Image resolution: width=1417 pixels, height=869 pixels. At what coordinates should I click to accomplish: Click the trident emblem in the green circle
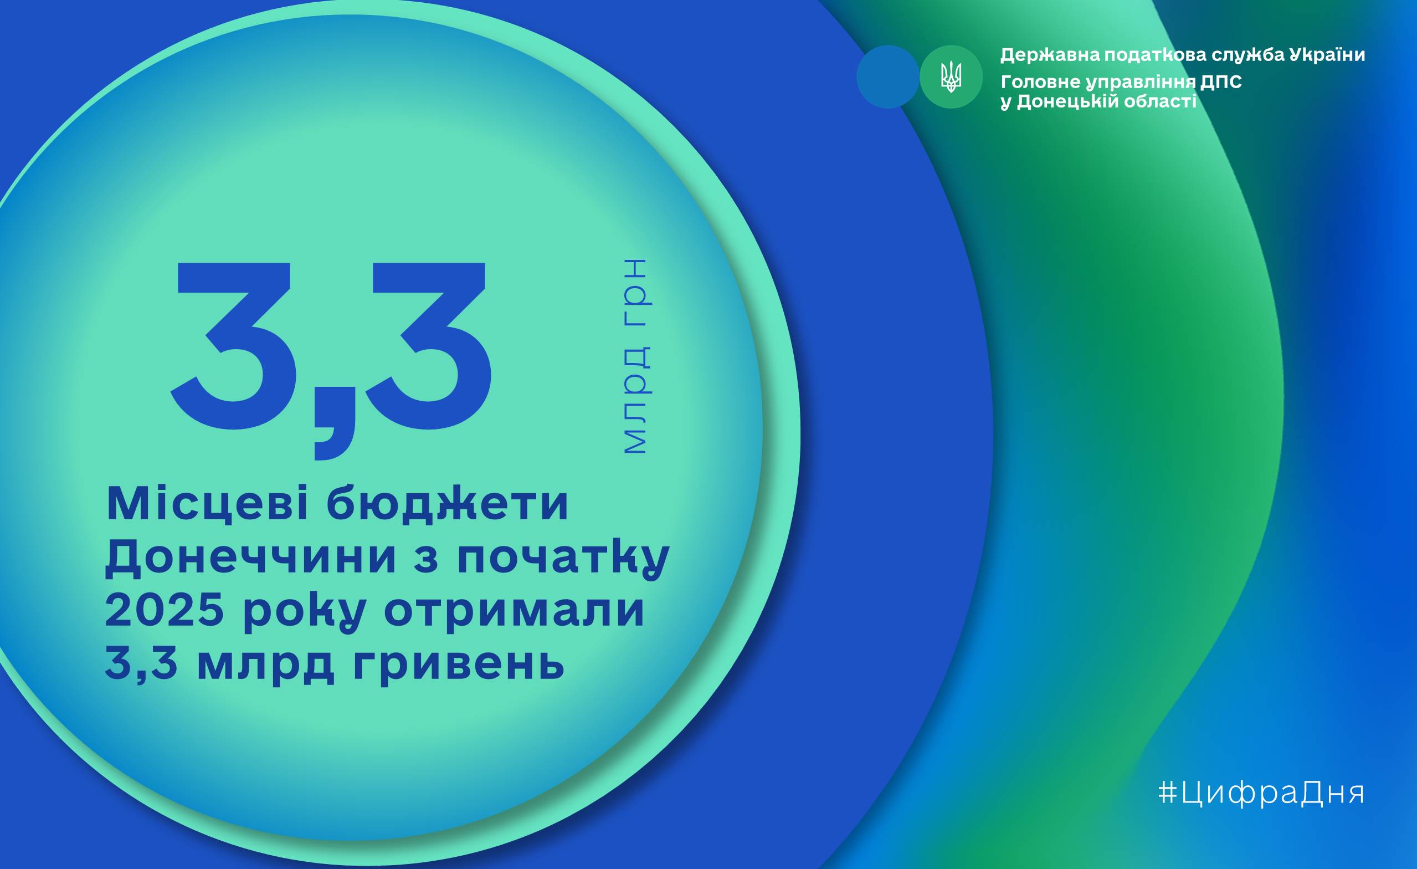(x=951, y=77)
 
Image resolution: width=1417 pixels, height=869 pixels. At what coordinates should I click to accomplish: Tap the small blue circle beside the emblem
(x=888, y=77)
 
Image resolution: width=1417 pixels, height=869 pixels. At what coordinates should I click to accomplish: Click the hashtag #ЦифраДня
(x=1261, y=794)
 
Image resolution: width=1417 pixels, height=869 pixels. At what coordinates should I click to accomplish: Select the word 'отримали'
(x=514, y=614)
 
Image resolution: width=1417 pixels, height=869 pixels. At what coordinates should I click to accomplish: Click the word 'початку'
(x=563, y=560)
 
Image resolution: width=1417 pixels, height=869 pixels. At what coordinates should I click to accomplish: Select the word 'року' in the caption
(x=305, y=615)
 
